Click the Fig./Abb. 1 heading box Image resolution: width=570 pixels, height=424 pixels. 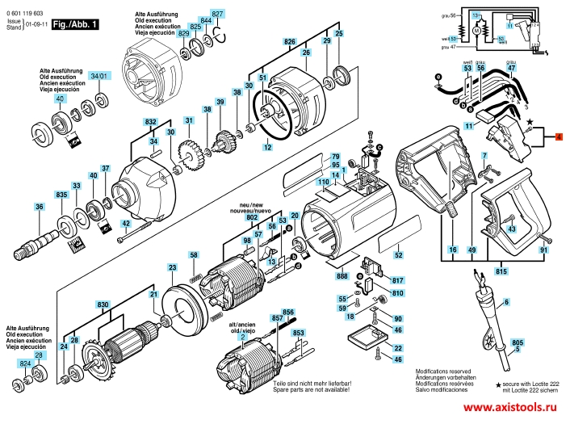point(74,25)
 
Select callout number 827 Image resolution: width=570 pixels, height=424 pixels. point(216,15)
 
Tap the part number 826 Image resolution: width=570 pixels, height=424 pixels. point(289,41)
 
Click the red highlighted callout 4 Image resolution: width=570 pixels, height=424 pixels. point(558,139)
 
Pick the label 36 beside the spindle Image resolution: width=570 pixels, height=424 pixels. point(37,208)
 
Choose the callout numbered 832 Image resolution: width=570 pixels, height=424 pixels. point(150,122)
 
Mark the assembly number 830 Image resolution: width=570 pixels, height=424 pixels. point(103,304)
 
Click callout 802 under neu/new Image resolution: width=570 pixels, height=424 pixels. point(252,218)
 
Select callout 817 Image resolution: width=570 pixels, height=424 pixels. point(397,280)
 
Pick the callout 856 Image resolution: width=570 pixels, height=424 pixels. point(288,312)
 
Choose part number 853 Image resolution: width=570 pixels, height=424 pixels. point(299,334)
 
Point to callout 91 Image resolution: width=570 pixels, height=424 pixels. point(543,252)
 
